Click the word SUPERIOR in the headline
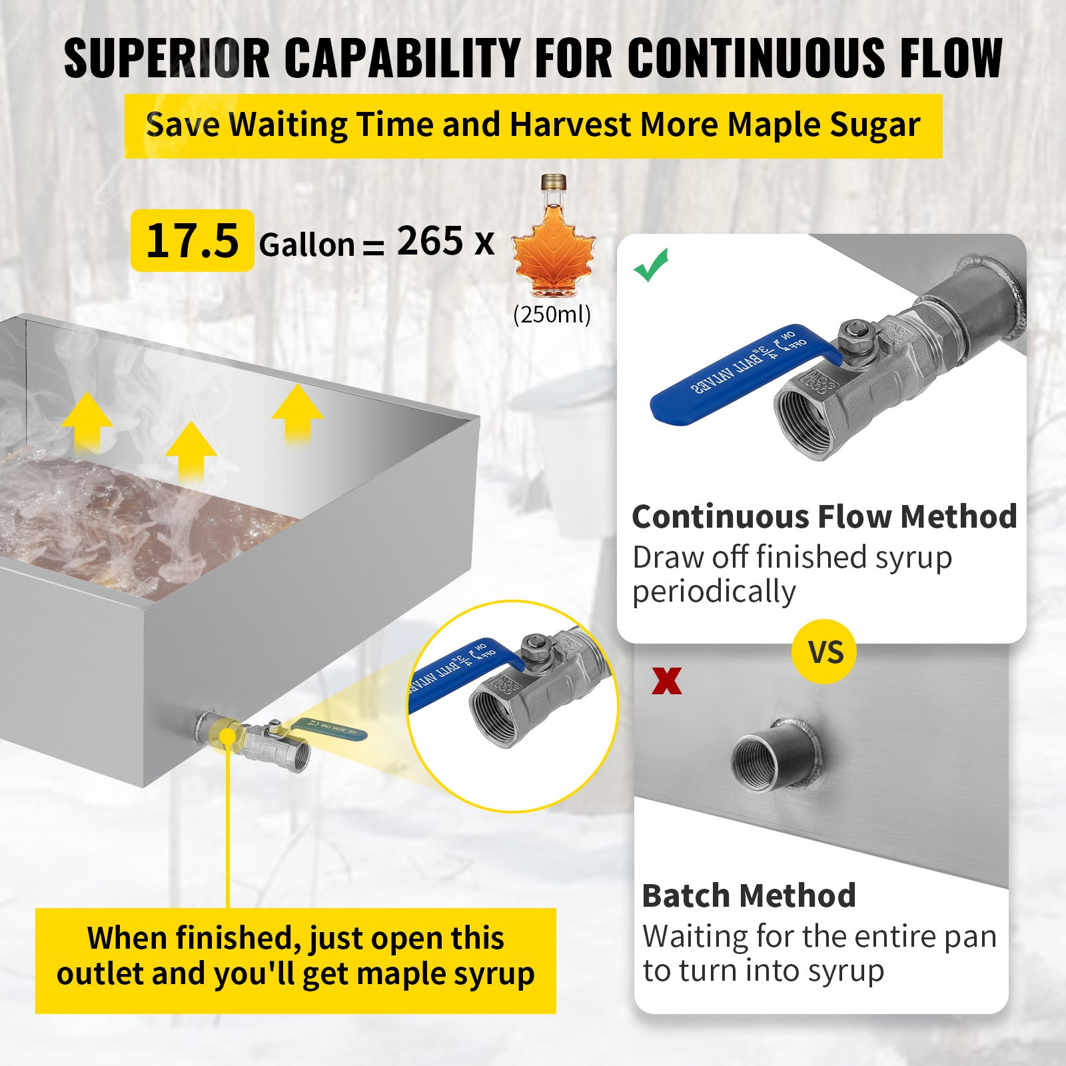coord(167,59)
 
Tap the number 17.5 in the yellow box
coord(192,241)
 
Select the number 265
coord(430,241)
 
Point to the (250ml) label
coord(552,314)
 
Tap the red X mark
coord(667,681)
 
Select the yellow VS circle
coord(825,652)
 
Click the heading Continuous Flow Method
coord(824,516)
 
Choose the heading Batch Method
coord(749,895)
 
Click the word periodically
coord(714,591)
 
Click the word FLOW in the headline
coord(951,59)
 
